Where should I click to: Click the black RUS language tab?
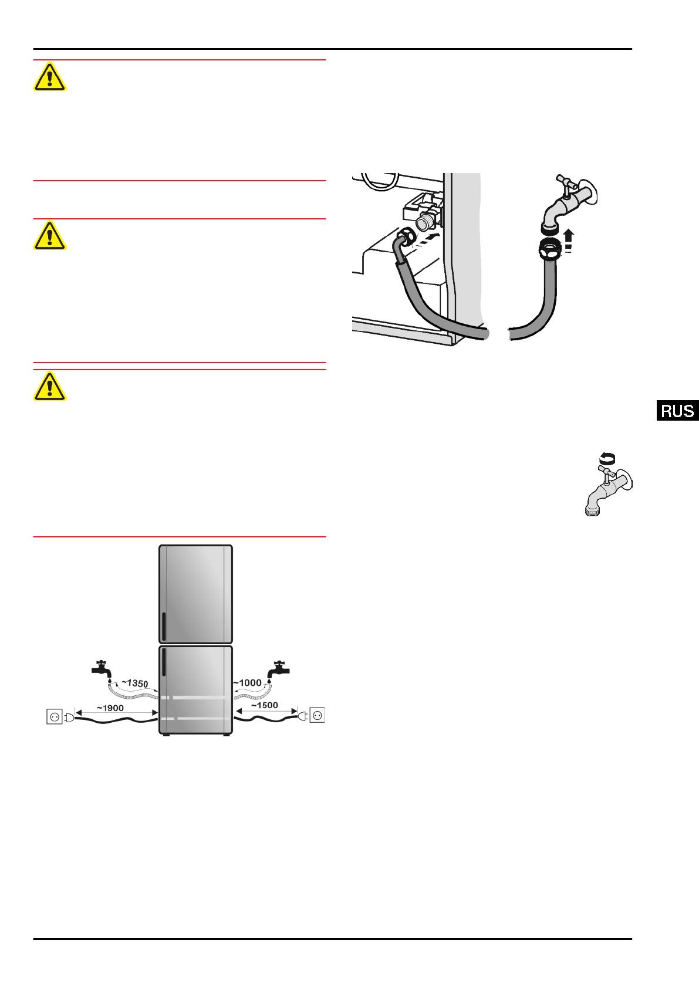[677, 411]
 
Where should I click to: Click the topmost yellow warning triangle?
[49, 77]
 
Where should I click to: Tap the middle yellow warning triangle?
[49, 236]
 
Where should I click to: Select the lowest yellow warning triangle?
[49, 387]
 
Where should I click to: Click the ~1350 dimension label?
[135, 684]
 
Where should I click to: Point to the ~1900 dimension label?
[110, 708]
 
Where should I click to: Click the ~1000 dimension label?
[248, 683]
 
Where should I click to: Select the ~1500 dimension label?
[265, 705]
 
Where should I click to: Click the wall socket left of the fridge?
[55, 716]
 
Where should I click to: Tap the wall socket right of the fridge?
[317, 715]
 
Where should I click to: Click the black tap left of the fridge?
[102, 668]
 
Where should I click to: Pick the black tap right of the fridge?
[278, 668]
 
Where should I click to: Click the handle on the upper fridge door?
[164, 627]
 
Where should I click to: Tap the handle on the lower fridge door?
[164, 662]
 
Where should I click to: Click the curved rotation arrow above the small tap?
[607, 458]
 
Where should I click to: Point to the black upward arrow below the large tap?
[568, 236]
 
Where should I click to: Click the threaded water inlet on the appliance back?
[424, 224]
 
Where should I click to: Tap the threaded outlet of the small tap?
[592, 510]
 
